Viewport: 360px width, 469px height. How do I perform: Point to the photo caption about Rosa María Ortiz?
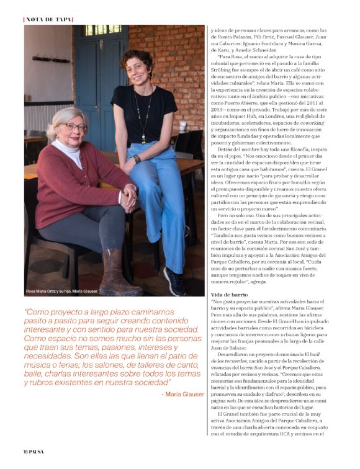click(x=63, y=290)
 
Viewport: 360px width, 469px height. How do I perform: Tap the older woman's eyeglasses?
click(x=75, y=127)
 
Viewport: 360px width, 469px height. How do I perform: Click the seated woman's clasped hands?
click(x=128, y=197)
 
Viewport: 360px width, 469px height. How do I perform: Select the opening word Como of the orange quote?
click(x=37, y=313)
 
